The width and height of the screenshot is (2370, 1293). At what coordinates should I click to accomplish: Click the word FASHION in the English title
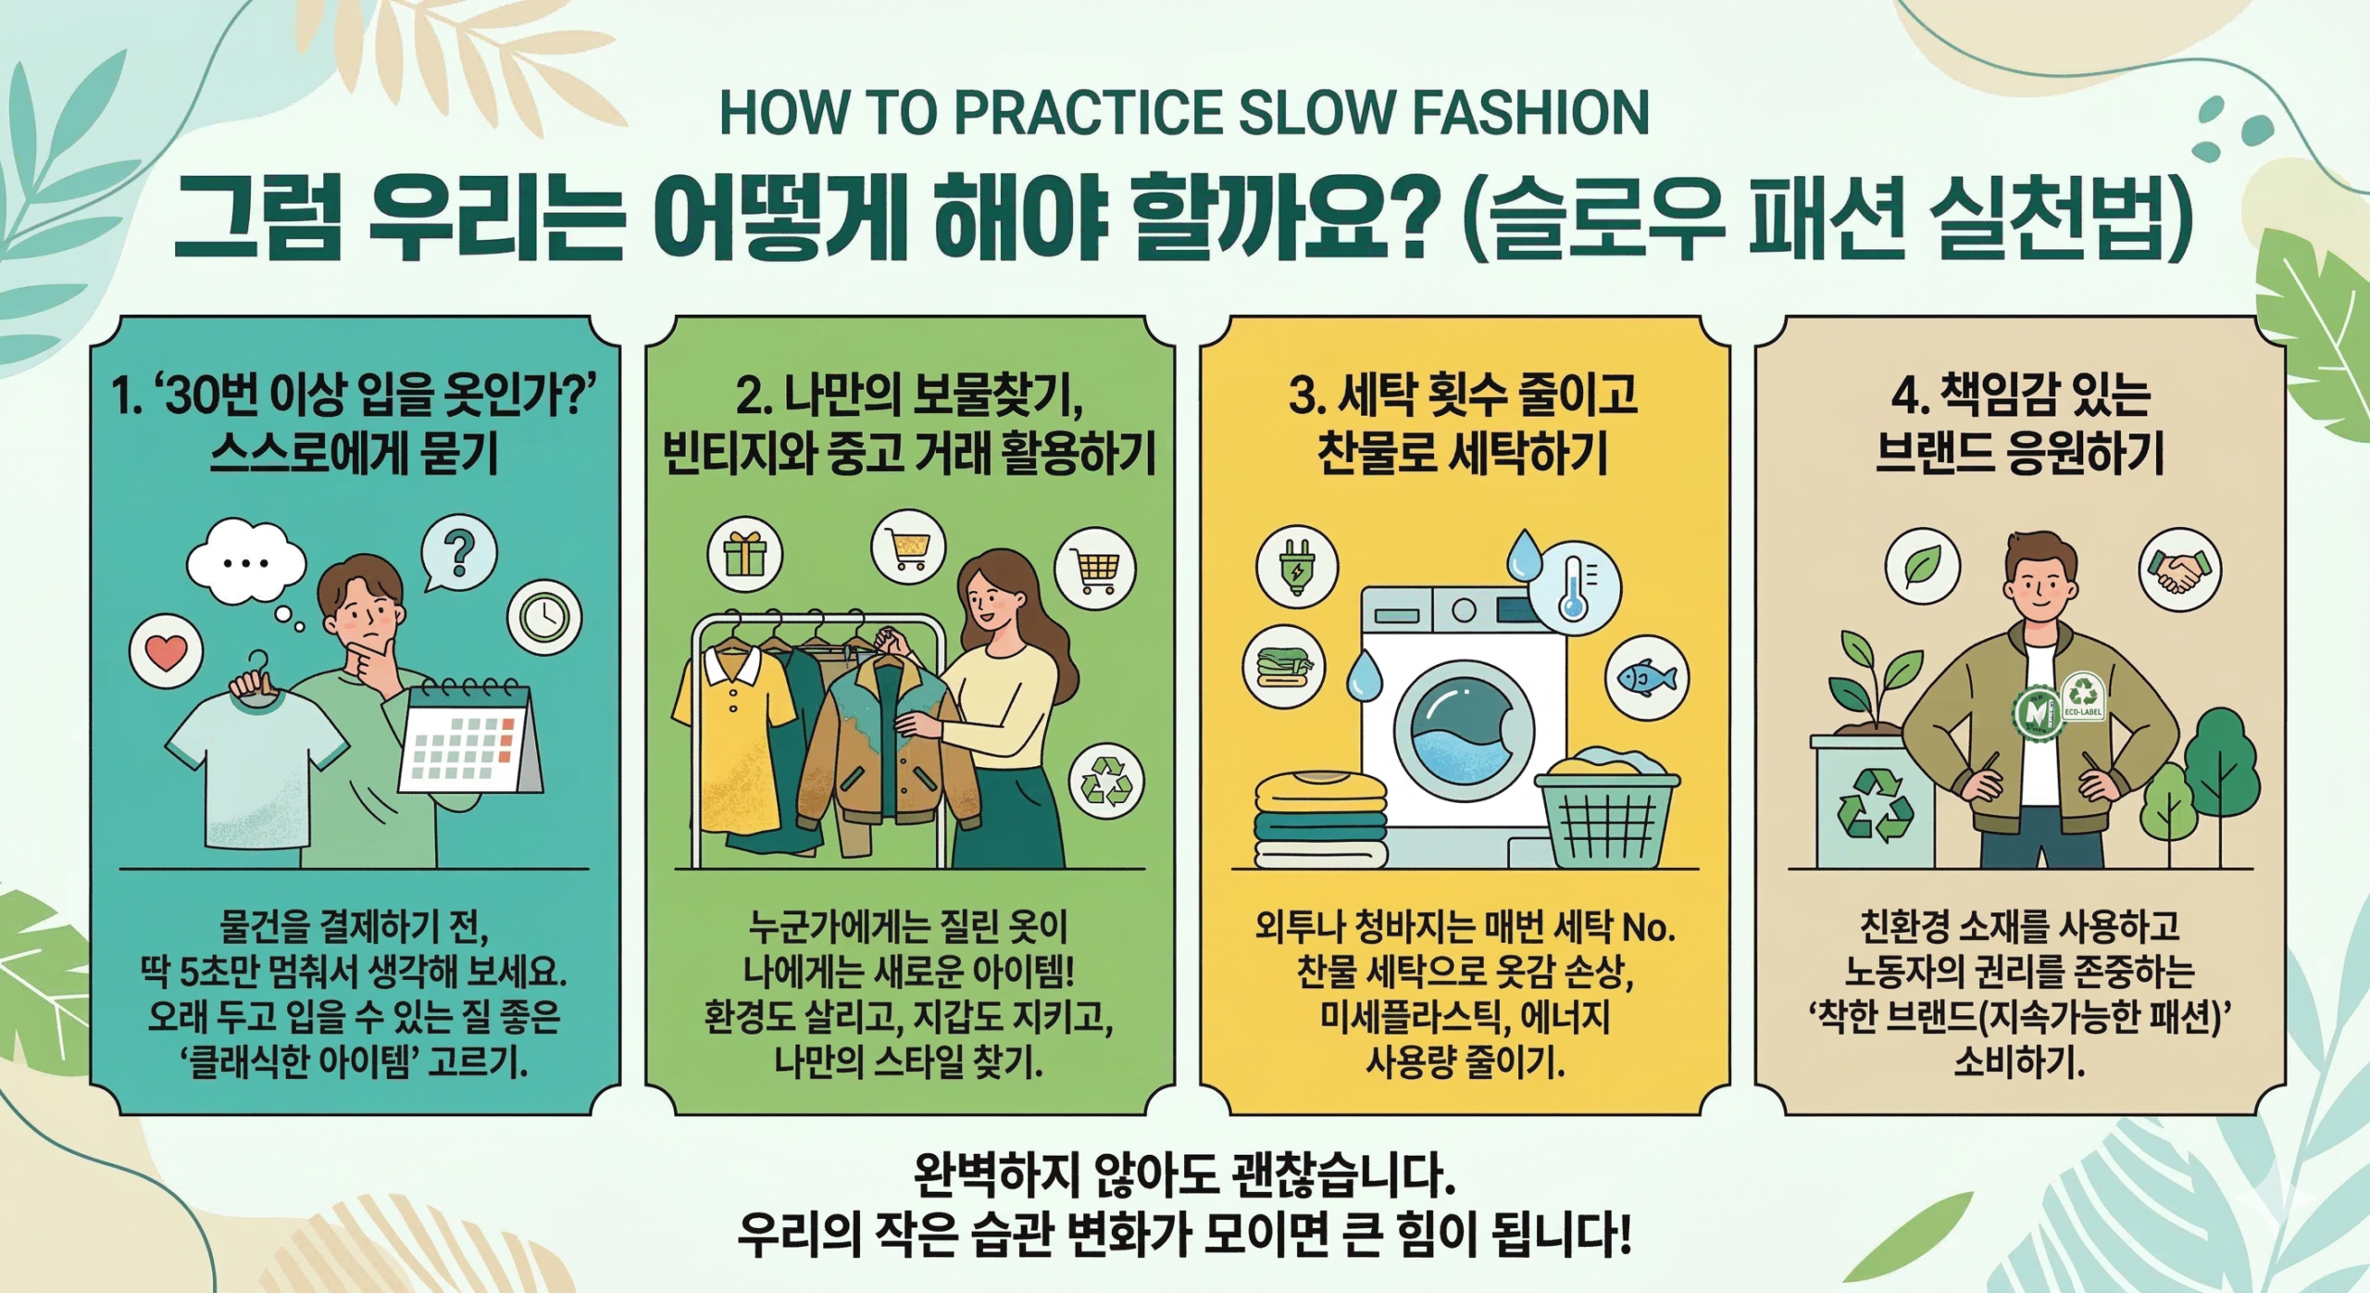pos(1530,113)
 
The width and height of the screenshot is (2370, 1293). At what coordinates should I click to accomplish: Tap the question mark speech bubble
pos(458,555)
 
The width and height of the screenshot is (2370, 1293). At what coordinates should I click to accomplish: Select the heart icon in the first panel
pos(166,652)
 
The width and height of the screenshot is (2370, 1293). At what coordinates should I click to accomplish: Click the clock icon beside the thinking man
pos(544,617)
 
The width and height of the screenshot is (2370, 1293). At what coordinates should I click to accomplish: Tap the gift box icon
pos(745,554)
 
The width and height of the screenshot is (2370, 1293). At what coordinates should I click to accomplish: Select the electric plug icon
pos(1296,566)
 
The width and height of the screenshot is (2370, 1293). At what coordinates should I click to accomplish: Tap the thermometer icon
pos(1573,587)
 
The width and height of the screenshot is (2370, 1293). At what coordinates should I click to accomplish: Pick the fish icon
pos(1646,678)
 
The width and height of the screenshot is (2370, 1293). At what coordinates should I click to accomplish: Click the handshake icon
pos(2179,569)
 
